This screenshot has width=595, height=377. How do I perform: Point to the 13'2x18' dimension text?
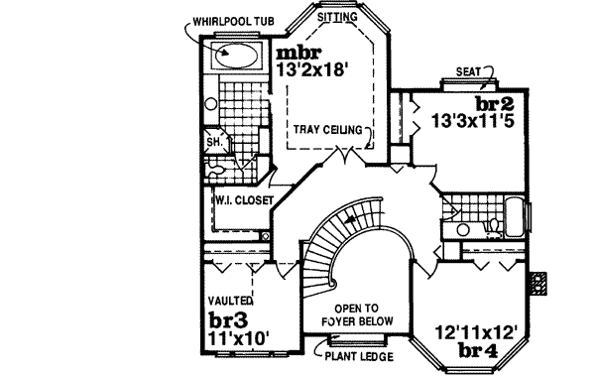313,71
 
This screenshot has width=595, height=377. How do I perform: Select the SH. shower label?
213,141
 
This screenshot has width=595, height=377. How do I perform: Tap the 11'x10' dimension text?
236,337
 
